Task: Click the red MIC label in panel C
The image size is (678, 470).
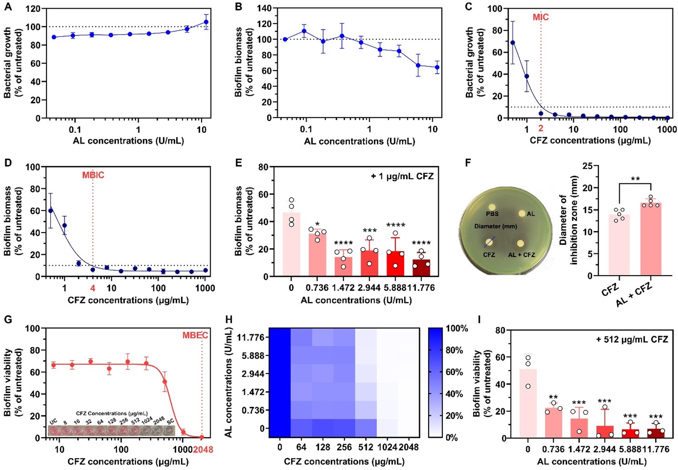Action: (541, 17)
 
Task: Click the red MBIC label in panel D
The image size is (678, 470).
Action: (93, 175)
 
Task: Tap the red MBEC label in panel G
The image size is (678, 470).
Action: (195, 335)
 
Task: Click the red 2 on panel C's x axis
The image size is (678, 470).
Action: (541, 129)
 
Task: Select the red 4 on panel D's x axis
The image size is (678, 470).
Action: (93, 288)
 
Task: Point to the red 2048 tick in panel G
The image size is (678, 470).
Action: (203, 450)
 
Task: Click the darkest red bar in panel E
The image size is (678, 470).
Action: (421, 268)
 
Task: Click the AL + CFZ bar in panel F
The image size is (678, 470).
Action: (651, 239)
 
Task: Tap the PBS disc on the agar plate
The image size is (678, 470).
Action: (492, 207)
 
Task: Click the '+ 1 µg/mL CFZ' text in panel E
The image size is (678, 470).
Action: (402, 176)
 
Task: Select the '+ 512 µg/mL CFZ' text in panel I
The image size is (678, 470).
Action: (632, 339)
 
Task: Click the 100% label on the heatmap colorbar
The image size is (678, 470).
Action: (457, 328)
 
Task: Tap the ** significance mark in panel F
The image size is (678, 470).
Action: (635, 179)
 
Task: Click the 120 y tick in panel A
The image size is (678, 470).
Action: (33, 9)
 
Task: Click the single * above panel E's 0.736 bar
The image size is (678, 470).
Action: (317, 224)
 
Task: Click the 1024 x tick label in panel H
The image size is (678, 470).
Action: (387, 447)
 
